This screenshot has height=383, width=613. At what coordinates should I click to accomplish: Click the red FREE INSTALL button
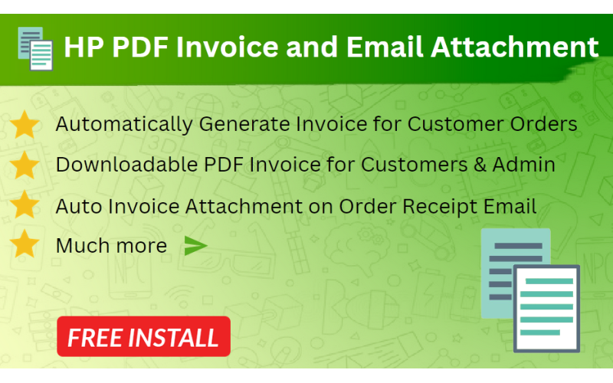click(143, 336)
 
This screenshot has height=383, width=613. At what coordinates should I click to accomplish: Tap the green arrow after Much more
click(196, 246)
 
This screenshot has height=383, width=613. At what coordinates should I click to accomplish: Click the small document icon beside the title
click(35, 47)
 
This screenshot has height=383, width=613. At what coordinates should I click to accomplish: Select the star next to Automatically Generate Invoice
click(25, 124)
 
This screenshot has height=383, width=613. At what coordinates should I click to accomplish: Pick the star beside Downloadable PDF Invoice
click(25, 165)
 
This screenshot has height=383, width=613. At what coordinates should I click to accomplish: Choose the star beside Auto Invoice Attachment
click(25, 205)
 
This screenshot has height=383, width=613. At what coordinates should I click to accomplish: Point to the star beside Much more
click(25, 245)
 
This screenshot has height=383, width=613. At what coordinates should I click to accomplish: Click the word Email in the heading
click(384, 47)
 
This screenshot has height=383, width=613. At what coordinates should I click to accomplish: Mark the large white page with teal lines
click(547, 308)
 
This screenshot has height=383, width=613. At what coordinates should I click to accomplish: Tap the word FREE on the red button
click(97, 337)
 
